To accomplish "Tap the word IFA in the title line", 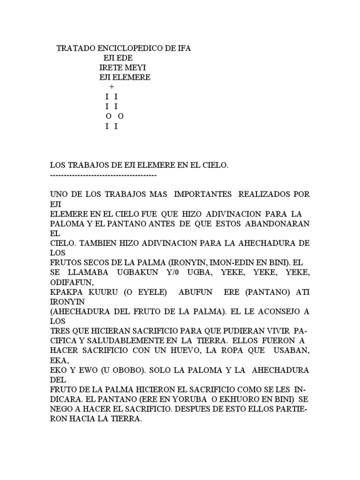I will coord(184,48).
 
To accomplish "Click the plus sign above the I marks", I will coord(111,87).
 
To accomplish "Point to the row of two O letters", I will coord(114,116).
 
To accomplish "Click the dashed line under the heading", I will coord(103,175).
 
